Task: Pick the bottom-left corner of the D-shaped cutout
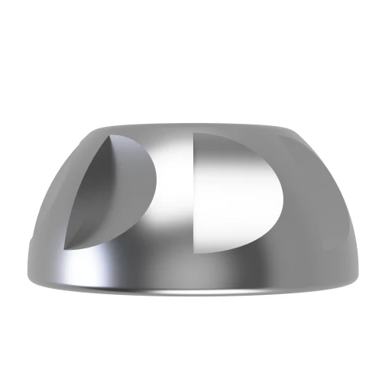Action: tap(196, 251)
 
